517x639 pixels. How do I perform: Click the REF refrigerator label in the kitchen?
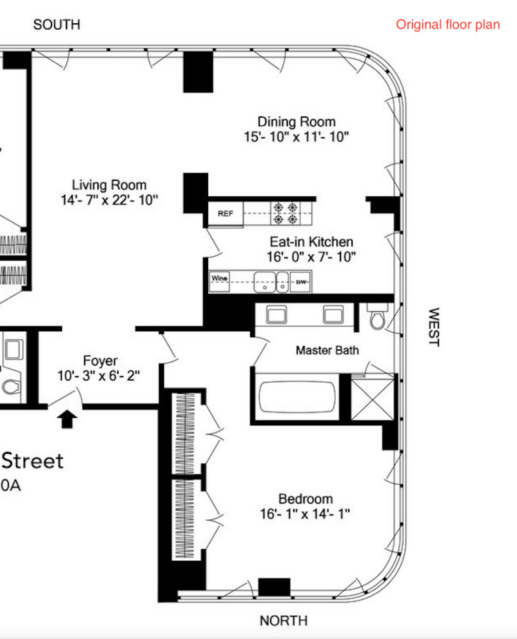[226, 214]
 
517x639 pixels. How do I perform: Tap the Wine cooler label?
[220, 278]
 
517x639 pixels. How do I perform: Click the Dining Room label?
[297, 121]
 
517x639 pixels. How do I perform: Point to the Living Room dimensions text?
[109, 200]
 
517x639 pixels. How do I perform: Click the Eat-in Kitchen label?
[311, 242]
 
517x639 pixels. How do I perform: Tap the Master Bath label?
[327, 350]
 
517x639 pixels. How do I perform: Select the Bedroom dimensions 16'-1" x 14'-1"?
[306, 514]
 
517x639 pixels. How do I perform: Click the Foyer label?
[101, 361]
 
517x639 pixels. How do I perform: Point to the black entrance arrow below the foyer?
[68, 420]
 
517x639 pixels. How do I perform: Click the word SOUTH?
[57, 25]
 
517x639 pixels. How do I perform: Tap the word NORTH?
[284, 621]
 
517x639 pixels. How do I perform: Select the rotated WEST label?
[433, 327]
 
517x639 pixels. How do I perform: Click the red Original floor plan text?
[448, 25]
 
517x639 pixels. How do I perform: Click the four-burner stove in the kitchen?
[286, 213]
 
